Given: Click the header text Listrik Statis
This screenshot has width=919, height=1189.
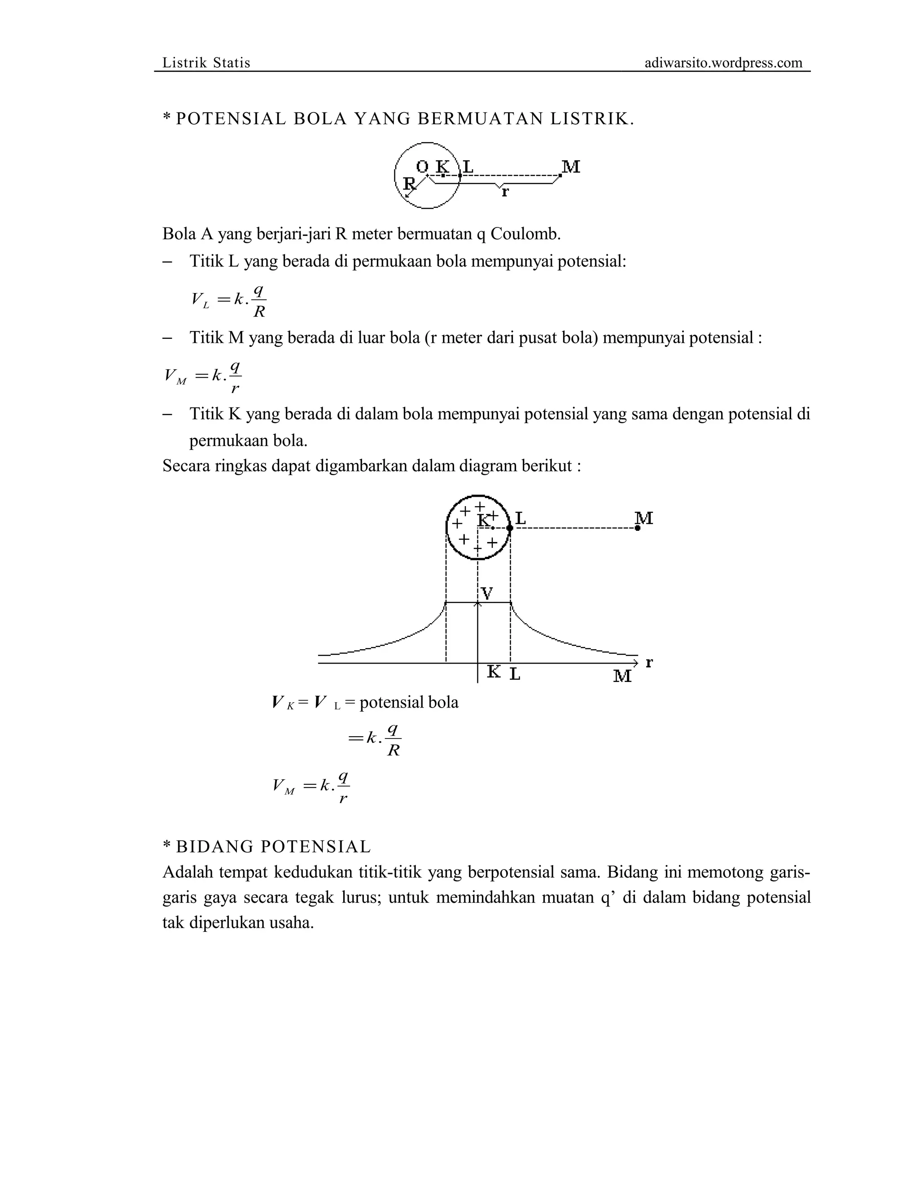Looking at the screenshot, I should [206, 63].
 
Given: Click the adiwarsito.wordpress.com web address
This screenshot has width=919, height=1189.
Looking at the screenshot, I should [723, 63].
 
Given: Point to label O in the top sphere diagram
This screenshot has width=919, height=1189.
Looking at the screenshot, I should [422, 166].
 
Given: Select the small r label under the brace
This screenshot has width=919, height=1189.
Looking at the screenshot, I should [505, 192].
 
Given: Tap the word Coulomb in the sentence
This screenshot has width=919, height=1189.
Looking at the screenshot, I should [525, 234].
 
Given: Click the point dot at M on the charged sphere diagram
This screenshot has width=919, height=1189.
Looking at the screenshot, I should [637, 528].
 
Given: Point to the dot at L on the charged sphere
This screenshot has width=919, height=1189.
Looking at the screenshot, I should [510, 528].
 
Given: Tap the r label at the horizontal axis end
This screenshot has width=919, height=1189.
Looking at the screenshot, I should [649, 663].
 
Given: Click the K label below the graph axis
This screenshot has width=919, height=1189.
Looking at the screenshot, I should [493, 673].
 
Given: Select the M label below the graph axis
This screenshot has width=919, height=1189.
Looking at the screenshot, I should [622, 676].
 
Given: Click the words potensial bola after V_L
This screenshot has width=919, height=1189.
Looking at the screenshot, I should [409, 702].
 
